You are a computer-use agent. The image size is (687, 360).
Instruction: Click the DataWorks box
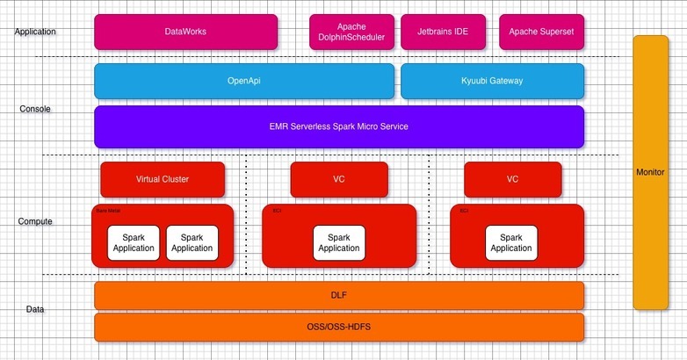tap(185, 32)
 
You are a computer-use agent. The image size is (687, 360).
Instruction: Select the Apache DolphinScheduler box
tap(351, 32)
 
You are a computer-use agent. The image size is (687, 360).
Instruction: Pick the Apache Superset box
tap(541, 32)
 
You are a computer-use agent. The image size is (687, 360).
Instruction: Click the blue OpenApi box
tap(243, 81)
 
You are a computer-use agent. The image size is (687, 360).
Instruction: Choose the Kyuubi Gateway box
tap(492, 81)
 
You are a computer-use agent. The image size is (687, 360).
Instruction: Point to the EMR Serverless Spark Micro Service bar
tap(338, 126)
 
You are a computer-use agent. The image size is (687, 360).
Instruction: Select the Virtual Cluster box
tap(163, 179)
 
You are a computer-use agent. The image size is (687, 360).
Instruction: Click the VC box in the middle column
tap(338, 179)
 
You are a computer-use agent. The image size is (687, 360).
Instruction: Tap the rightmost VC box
tap(512, 179)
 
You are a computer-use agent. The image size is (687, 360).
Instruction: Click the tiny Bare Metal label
tap(106, 211)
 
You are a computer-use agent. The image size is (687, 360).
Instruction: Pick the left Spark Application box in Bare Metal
tap(134, 242)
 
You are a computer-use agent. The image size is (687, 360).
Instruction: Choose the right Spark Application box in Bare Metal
tap(192, 242)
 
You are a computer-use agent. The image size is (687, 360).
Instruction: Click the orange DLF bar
tap(338, 296)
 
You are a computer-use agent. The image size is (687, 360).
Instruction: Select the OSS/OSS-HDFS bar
tap(338, 327)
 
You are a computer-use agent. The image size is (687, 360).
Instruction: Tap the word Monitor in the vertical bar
tap(650, 172)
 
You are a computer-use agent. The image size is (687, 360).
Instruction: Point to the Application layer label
tap(35, 32)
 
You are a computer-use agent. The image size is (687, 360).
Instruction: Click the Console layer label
tap(35, 110)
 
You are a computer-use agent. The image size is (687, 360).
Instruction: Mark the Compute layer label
tap(35, 221)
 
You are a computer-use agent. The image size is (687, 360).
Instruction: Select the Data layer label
tap(35, 309)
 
